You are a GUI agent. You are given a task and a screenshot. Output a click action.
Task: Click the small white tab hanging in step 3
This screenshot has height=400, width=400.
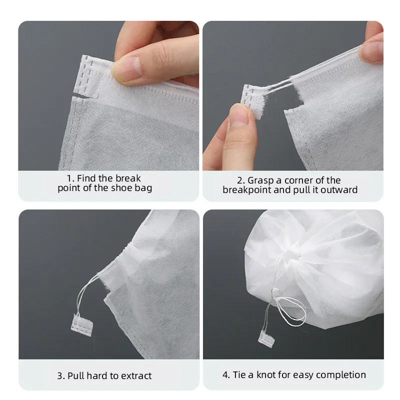(x=84, y=323)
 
